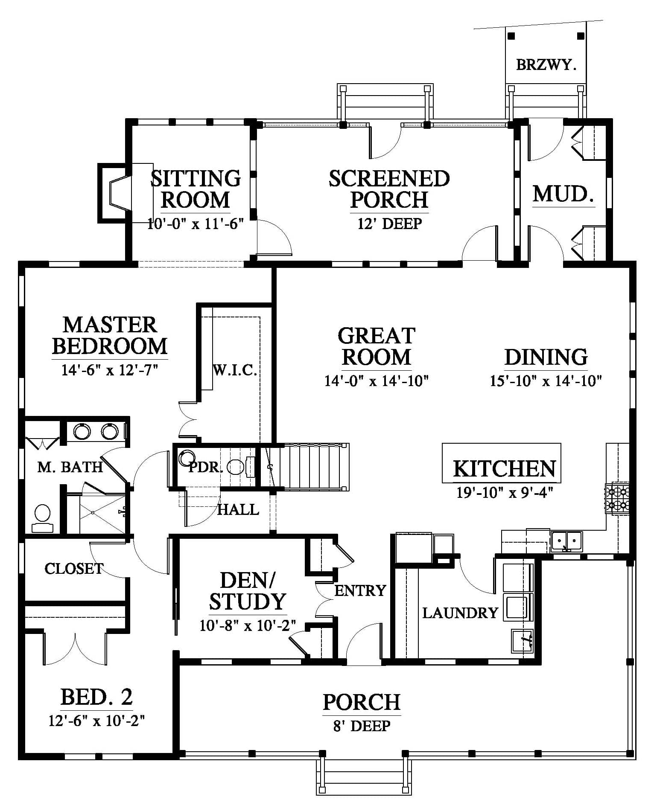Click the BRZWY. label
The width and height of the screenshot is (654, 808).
[x=546, y=65]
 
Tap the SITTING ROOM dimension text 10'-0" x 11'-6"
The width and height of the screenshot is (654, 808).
[x=196, y=223]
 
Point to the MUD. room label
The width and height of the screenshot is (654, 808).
[x=563, y=194]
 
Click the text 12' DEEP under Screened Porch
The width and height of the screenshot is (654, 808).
[x=389, y=223]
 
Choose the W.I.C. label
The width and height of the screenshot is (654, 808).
[x=235, y=370]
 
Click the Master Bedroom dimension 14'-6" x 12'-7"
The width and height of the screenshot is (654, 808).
[x=110, y=369]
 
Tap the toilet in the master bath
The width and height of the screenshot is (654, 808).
[x=42, y=518]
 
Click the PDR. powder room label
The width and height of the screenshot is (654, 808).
[x=206, y=468]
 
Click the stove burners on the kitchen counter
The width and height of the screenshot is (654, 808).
[x=617, y=498]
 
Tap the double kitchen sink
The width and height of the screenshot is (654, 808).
[x=566, y=541]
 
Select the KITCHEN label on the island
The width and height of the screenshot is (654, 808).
[x=504, y=468]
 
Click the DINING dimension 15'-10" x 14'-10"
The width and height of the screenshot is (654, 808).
[x=546, y=381]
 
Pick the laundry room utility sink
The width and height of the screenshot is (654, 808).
[x=522, y=641]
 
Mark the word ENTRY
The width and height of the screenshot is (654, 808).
[x=360, y=590]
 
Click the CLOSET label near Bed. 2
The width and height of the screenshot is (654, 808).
[x=74, y=568]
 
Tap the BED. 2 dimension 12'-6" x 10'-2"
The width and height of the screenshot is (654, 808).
[x=96, y=721]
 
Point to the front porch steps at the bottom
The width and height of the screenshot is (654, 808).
[x=364, y=778]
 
